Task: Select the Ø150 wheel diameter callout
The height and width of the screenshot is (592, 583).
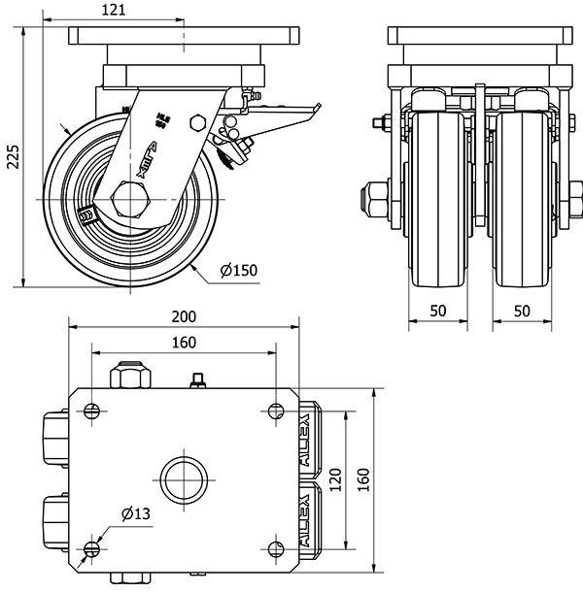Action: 239,271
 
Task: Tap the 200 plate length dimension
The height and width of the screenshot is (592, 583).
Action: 185,316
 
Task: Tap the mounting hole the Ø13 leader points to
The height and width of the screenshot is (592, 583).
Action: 91,550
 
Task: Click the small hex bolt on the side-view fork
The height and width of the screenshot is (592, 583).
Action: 198,123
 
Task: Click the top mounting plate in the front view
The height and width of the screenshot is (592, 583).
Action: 477,36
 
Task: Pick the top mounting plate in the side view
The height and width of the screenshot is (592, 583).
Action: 182,36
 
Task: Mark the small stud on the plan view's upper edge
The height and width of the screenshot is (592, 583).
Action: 200,379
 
